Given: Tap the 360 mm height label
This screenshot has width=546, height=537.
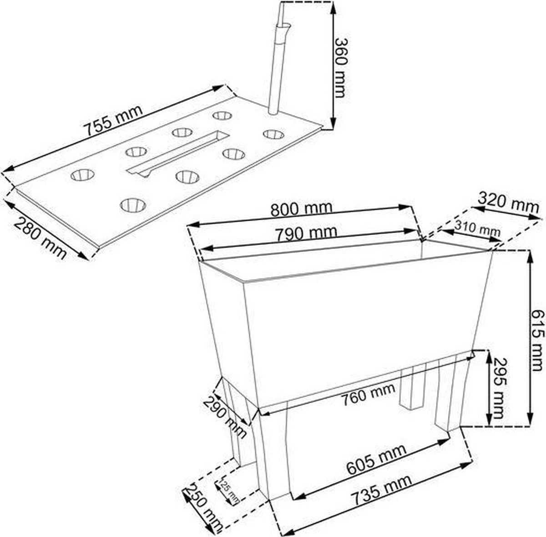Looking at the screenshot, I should coord(341,67).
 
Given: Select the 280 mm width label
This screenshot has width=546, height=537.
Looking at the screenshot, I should coord(41,238).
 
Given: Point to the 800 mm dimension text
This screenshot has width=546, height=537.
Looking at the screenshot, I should coord(301,209).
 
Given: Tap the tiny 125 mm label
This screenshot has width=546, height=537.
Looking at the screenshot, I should coord(229,491).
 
